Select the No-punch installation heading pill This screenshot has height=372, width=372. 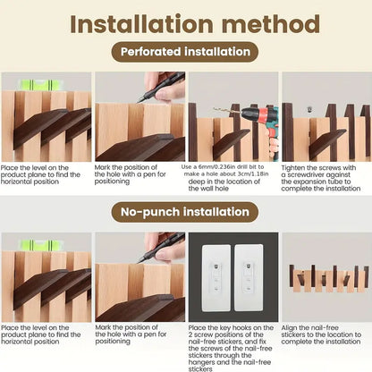[x=186, y=212]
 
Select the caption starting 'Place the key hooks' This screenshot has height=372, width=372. [x=231, y=344]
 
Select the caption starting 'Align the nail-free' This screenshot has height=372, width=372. [x=324, y=334]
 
